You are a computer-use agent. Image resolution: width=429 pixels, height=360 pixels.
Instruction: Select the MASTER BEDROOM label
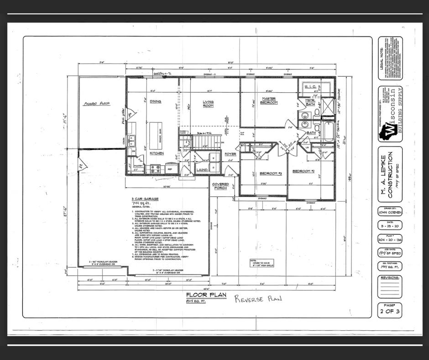click(x=269, y=101)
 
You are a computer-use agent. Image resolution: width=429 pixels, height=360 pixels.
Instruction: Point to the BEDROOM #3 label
click(x=257, y=174)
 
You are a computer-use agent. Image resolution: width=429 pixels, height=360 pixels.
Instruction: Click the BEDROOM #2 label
click(x=304, y=171)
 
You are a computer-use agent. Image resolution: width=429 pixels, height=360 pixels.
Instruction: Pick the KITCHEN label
click(x=157, y=154)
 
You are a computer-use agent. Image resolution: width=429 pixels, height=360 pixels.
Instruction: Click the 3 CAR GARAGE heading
click(x=145, y=199)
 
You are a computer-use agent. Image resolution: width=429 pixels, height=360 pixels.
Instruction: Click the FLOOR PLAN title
click(x=206, y=295)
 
